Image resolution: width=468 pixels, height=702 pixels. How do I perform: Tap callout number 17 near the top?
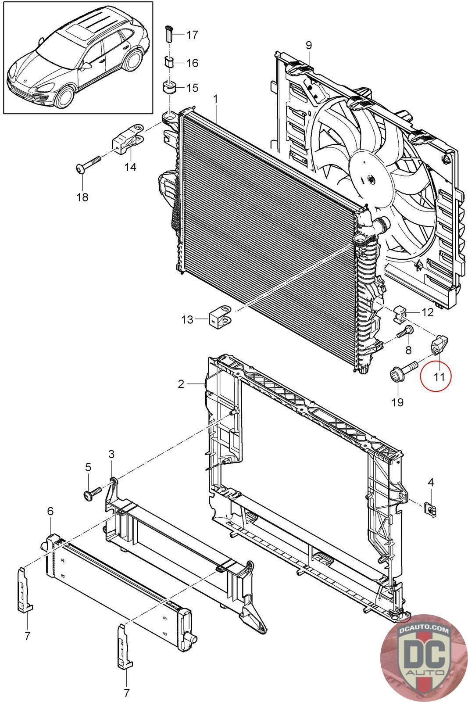tap(192, 35)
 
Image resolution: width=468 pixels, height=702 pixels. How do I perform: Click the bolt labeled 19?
tap(404, 371)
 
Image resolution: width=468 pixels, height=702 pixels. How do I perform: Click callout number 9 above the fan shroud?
tap(309, 45)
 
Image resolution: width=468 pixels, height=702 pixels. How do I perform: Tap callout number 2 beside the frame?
tap(181, 384)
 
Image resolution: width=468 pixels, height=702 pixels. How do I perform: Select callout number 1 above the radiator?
tap(215, 99)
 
